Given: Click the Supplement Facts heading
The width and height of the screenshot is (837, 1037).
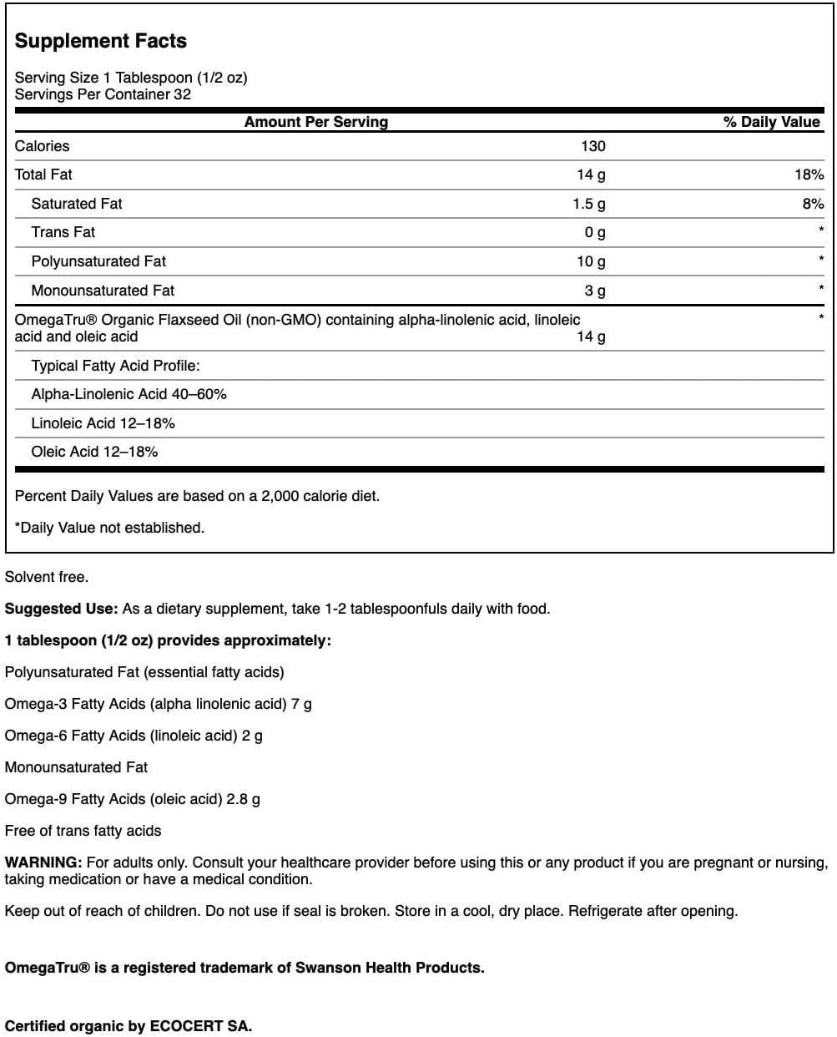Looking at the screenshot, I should (101, 41).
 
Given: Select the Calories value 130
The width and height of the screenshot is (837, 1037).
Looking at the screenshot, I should (592, 146).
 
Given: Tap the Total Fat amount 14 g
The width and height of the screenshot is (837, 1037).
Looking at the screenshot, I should (591, 175).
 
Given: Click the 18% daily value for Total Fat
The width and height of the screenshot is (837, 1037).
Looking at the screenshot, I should (809, 175).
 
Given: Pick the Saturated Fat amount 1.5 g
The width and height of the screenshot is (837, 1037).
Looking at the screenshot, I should (589, 204).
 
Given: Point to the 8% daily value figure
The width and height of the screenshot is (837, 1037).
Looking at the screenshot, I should (813, 204).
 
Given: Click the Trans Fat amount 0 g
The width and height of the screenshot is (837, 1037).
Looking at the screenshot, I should (595, 232).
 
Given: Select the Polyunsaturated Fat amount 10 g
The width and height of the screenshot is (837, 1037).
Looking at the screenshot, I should (591, 261).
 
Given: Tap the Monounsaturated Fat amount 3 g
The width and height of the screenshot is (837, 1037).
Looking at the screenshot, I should (595, 291).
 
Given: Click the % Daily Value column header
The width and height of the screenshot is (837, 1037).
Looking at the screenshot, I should (771, 122).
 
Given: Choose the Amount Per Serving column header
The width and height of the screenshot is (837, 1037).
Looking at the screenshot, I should (315, 122).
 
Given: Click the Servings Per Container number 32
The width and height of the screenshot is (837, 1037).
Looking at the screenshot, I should (182, 94).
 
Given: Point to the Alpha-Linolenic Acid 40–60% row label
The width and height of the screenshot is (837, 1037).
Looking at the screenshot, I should (129, 394).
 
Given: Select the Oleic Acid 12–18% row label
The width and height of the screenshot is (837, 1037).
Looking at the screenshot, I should (94, 452).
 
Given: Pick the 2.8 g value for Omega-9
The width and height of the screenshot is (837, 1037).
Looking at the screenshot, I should (243, 799).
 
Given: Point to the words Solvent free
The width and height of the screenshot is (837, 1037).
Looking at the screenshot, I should (47, 577).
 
